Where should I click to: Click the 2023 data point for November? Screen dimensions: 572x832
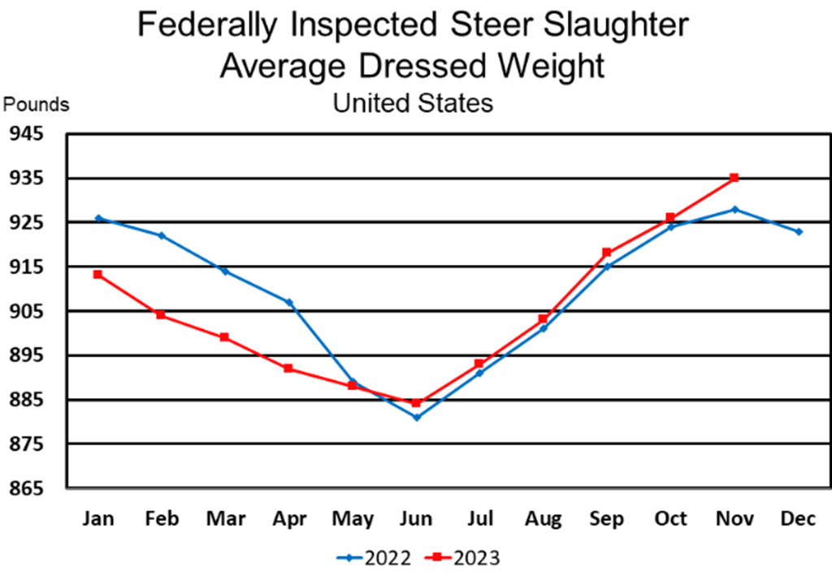734,177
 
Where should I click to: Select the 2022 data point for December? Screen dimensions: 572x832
799,232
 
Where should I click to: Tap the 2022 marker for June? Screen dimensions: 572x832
416,418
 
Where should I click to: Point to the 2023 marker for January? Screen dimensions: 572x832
97,275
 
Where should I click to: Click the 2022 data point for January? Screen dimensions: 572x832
97,218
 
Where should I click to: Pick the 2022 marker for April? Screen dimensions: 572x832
288,302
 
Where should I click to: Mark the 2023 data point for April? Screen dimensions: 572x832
288,368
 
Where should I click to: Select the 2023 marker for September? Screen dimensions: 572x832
607,253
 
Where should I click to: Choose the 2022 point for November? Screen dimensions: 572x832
734,210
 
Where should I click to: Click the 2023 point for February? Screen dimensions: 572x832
161,314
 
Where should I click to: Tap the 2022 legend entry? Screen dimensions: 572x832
375,557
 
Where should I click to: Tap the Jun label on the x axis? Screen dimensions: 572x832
416,518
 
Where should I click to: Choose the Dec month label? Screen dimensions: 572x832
798,518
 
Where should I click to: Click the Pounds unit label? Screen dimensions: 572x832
37,105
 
